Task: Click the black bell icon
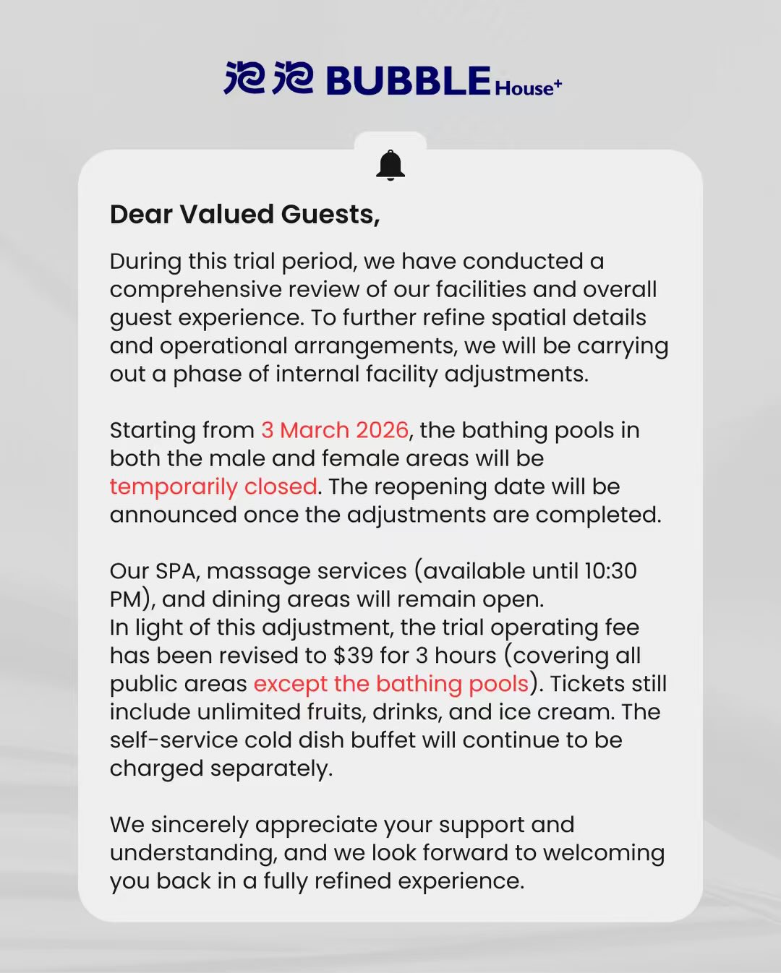(390, 166)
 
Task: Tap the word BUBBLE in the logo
(409, 80)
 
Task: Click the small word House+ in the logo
(528, 87)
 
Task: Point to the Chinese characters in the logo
(268, 79)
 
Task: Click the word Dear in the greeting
(141, 214)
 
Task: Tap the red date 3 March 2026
(335, 430)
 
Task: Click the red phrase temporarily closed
(213, 486)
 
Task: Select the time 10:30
(610, 571)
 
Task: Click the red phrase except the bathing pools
(391, 684)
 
